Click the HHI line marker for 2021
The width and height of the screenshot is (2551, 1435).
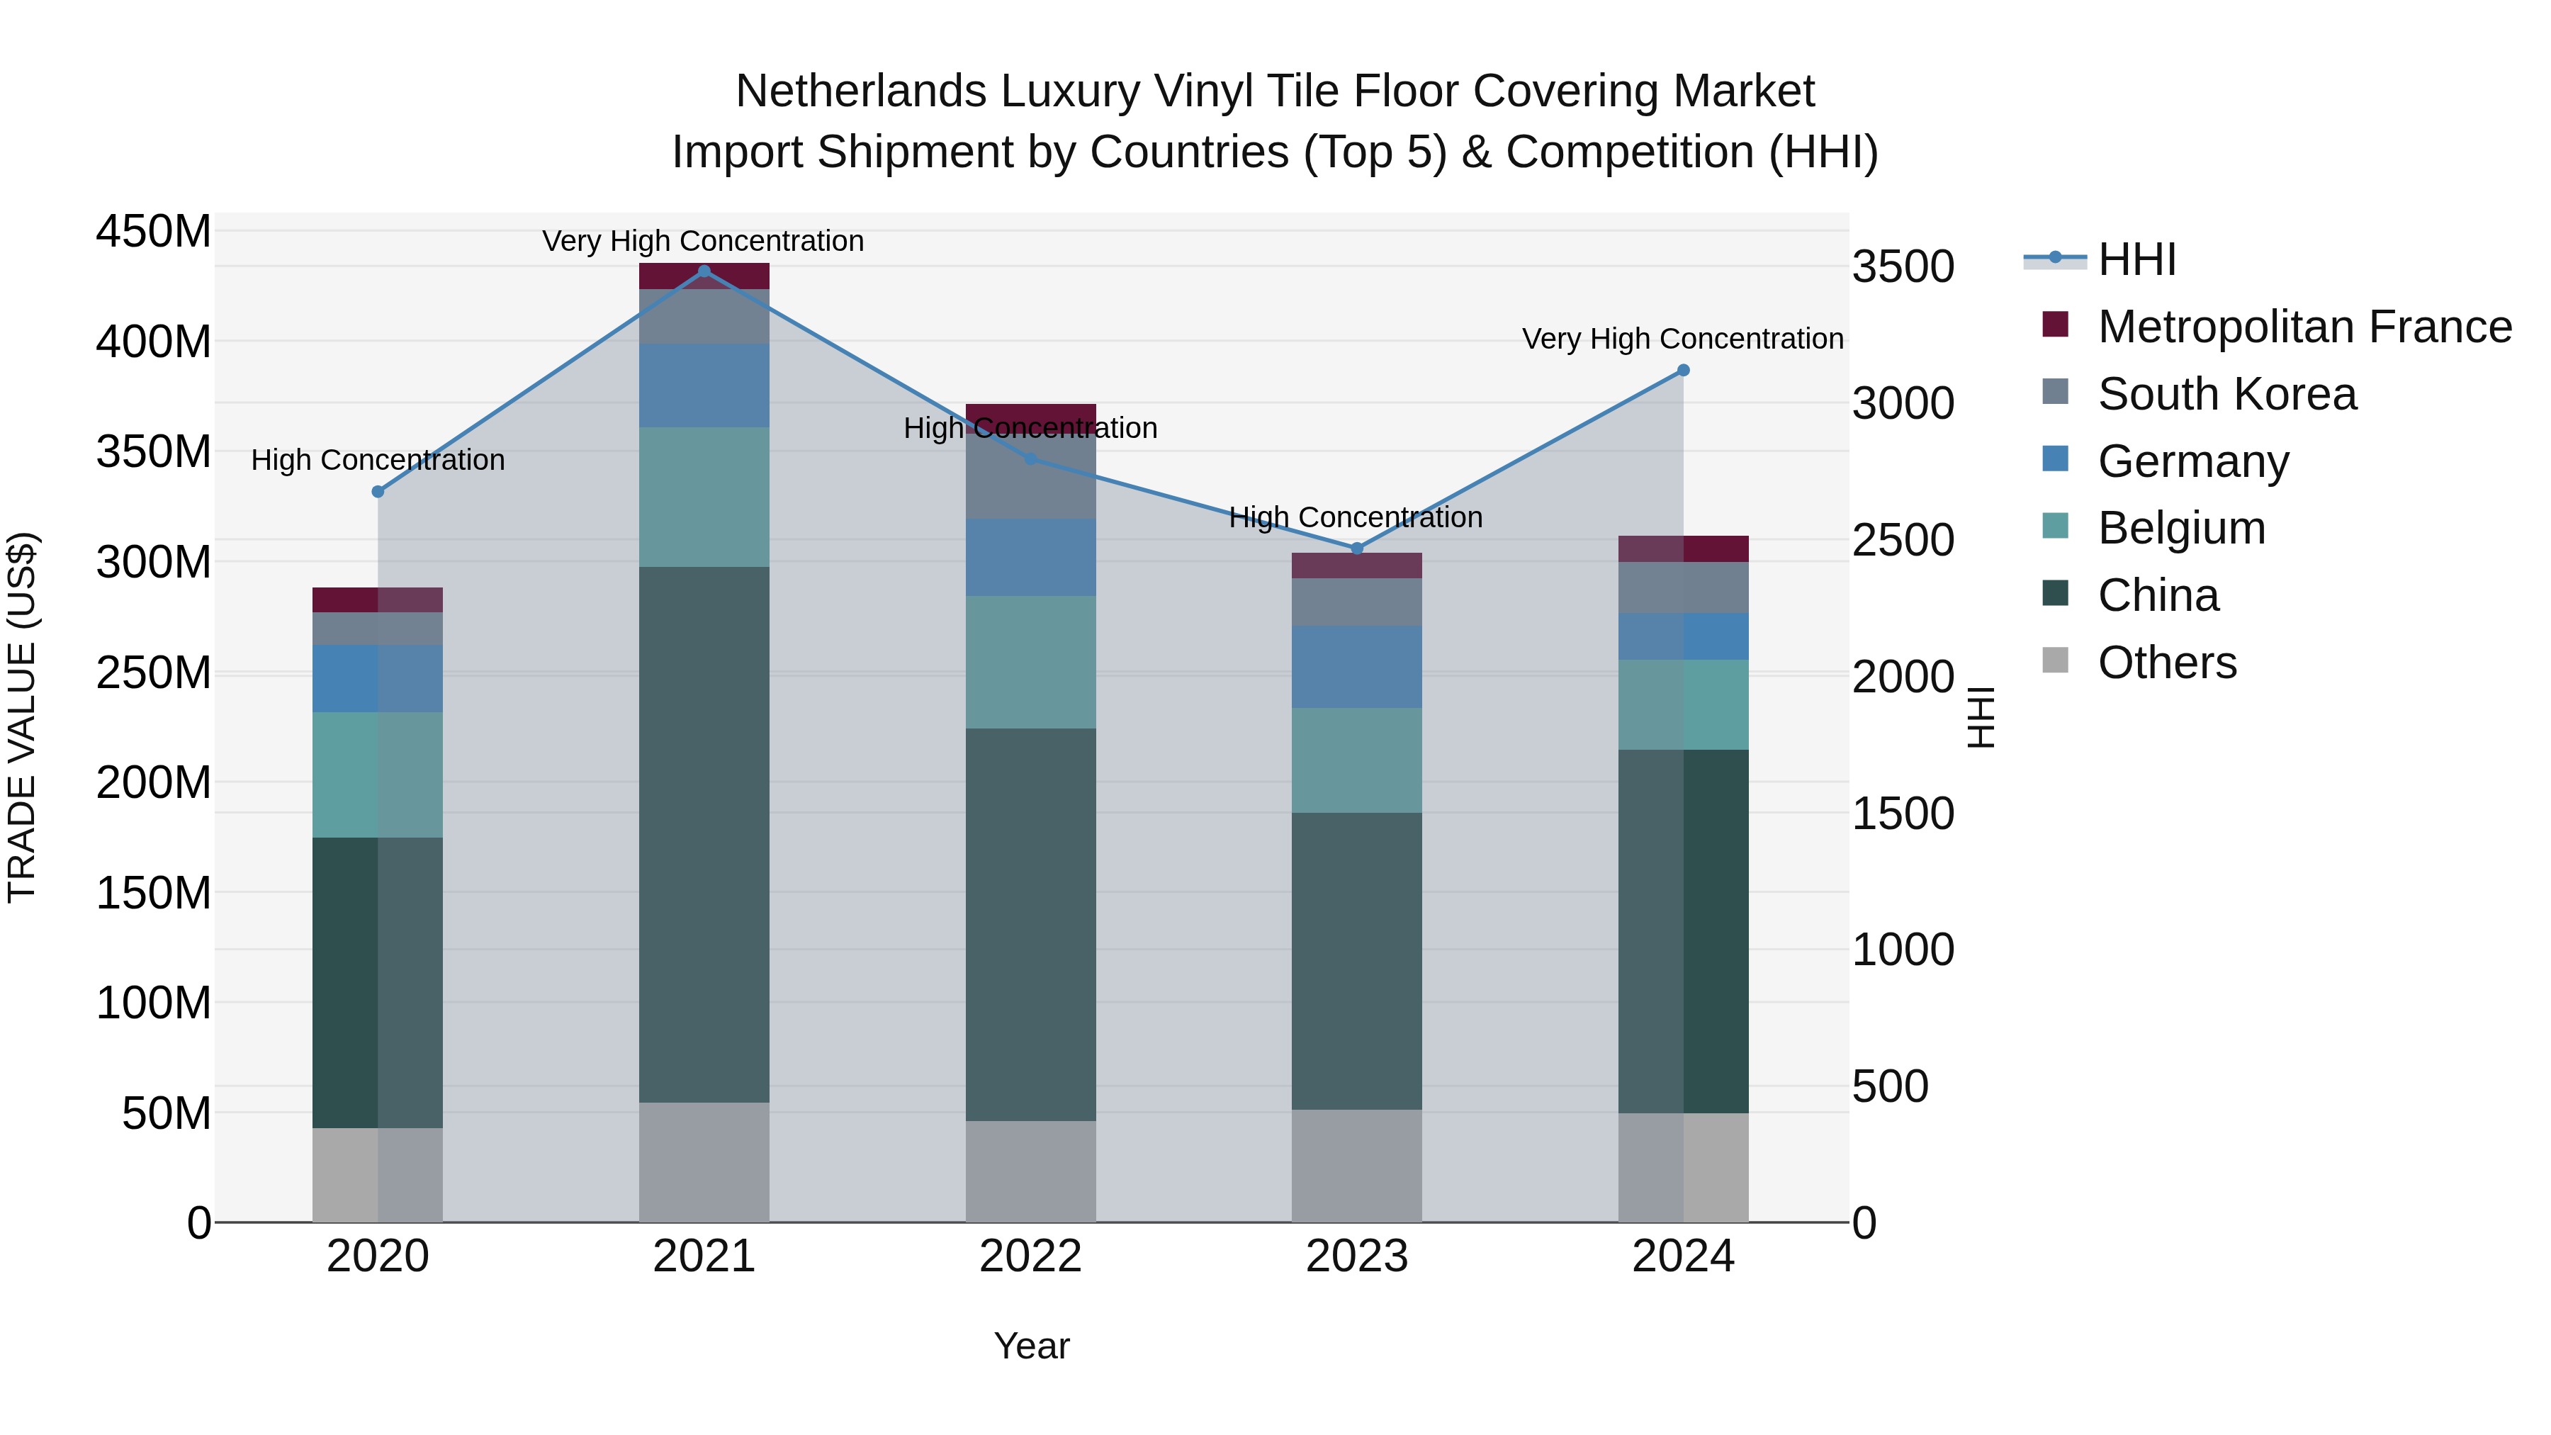[704, 271]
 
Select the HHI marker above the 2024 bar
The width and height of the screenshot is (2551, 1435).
[1684, 371]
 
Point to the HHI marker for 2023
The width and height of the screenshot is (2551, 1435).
[1358, 548]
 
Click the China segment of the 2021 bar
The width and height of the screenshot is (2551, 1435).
[704, 834]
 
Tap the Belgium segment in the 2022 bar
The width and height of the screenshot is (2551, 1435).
[1031, 662]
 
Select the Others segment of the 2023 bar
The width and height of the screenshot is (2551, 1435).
[1357, 1166]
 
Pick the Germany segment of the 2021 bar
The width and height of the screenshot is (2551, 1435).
[704, 386]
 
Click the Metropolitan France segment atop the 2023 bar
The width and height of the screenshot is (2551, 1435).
[1357, 565]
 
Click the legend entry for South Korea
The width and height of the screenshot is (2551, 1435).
[2227, 394]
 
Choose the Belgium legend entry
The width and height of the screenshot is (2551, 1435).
[2180, 528]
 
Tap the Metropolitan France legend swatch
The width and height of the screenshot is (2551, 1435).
[2056, 325]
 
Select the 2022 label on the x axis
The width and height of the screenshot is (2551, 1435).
[1031, 1256]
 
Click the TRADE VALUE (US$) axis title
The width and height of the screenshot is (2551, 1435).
[22, 717]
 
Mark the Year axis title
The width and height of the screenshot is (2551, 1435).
[1032, 1346]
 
